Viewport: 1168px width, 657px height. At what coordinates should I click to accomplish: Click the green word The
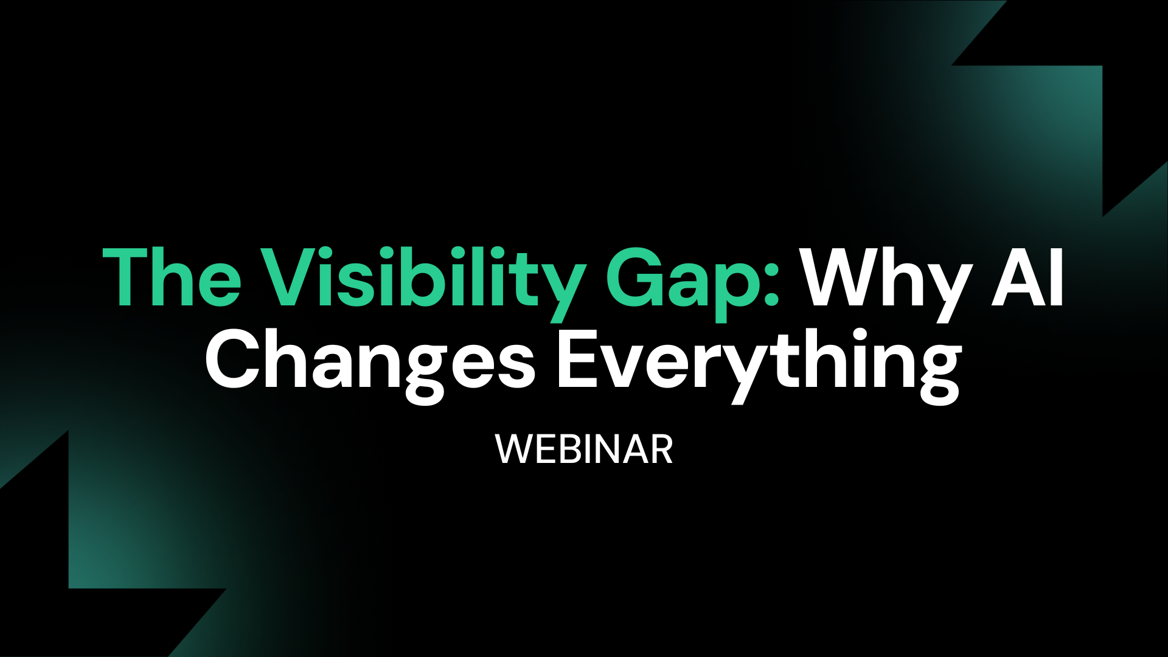pos(172,277)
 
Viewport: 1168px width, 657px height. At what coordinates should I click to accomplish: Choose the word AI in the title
pos(1028,277)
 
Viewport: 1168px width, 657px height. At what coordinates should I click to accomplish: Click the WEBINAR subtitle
pos(584,450)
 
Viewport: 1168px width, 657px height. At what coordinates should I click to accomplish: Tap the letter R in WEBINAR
pos(661,450)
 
